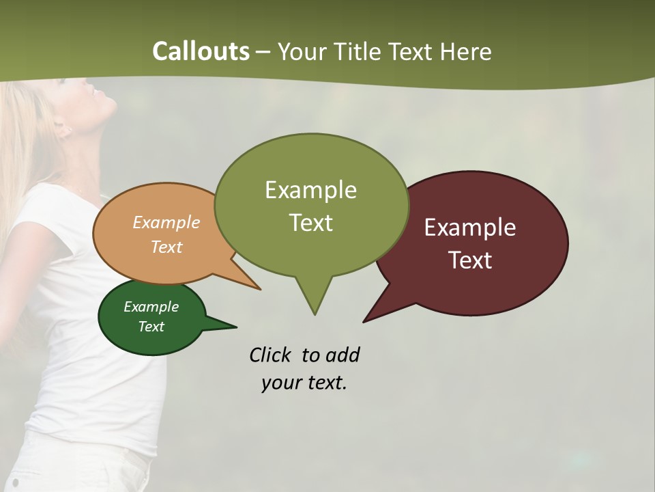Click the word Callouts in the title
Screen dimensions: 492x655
(201, 51)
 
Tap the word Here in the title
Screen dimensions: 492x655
(466, 51)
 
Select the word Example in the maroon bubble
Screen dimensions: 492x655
(470, 228)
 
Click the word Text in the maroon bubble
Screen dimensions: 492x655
(470, 260)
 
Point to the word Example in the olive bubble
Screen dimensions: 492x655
(310, 190)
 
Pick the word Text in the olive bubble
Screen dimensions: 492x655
(310, 223)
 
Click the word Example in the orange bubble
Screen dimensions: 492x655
(166, 222)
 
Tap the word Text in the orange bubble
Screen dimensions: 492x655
(166, 247)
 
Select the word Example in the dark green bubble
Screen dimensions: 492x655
(151, 307)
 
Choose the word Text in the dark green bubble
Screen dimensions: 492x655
(151, 327)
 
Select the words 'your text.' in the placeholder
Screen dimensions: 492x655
(304, 383)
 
